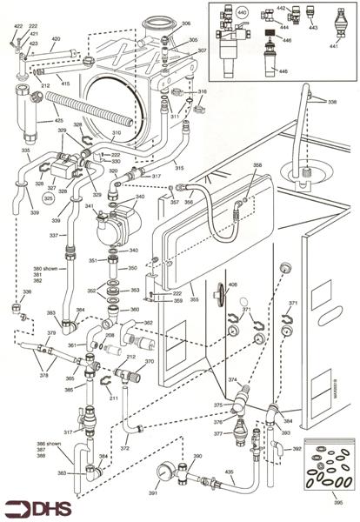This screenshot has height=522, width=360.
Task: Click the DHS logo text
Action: pyautogui.click(x=45, y=508)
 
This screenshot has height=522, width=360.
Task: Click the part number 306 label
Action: pyautogui.click(x=187, y=24)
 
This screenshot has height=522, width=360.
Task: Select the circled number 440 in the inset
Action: pyautogui.click(x=241, y=14)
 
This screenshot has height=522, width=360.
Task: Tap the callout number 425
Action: pyautogui.click(x=59, y=120)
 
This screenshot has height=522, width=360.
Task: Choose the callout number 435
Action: pyautogui.click(x=230, y=470)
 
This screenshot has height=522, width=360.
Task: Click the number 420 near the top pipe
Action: pyautogui.click(x=56, y=39)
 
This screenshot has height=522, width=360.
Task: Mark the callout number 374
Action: pyautogui.click(x=232, y=380)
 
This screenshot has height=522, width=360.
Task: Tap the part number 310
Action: pyautogui.click(x=117, y=133)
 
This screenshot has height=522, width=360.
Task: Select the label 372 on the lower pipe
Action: pyautogui.click(x=149, y=448)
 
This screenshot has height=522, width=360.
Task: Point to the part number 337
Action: pyautogui.click(x=53, y=236)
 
